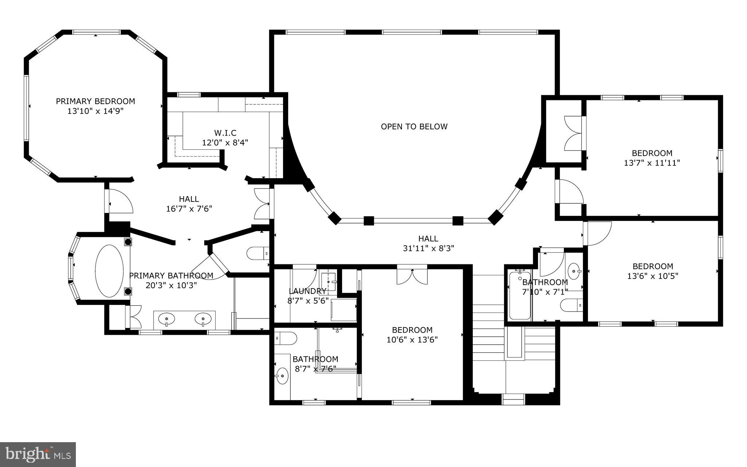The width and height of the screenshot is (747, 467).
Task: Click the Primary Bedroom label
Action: [x=95, y=101]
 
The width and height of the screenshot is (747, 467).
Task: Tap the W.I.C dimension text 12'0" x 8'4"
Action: [x=225, y=142]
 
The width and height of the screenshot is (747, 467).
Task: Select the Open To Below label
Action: [x=414, y=127]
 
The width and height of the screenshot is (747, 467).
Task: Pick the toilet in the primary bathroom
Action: [x=258, y=253]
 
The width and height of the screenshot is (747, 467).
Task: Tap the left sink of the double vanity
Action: [x=166, y=319]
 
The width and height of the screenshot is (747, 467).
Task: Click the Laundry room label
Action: [x=307, y=291]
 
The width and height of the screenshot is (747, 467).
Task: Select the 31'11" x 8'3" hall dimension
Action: [x=428, y=248]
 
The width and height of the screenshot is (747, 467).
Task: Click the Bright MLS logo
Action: [x=38, y=454]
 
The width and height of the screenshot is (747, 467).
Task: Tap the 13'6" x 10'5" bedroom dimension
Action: [x=653, y=276]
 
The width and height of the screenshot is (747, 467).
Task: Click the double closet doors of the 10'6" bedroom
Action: [x=412, y=276]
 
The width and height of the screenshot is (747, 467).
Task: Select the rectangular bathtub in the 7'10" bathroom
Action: [x=520, y=296]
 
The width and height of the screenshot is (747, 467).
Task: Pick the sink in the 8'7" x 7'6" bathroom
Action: [x=282, y=376]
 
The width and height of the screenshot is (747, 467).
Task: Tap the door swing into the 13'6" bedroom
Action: [x=597, y=234]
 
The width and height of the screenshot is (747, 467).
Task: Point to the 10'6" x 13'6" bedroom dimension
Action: [x=412, y=340]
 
